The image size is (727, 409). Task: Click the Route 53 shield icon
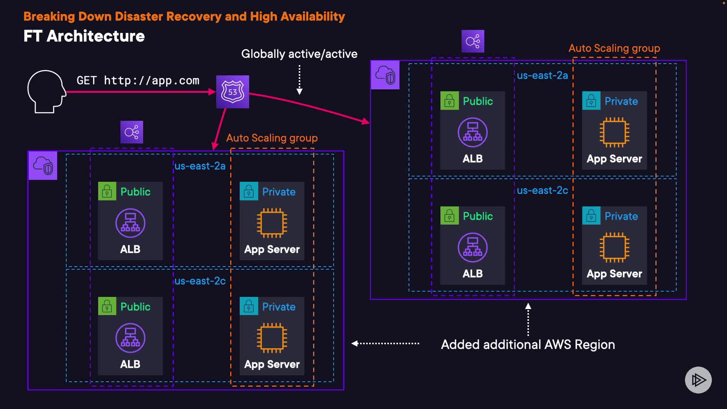pos(232,92)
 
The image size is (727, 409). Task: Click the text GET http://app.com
pos(138,80)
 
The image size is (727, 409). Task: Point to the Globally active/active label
pos(299,54)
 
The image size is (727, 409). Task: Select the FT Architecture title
pos(84,36)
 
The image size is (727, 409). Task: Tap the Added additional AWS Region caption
pos(528,345)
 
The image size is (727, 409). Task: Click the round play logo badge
pos(698,380)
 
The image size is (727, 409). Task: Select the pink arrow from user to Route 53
pos(140,92)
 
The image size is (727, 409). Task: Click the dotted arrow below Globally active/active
pos(300,80)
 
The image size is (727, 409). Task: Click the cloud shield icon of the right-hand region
pos(385,75)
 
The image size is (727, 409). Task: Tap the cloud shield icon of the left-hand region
pos(43,165)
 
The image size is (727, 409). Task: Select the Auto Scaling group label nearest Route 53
pos(272,138)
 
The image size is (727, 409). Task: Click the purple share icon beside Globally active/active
pos(473,41)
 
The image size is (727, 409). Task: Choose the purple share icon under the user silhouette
pos(131,132)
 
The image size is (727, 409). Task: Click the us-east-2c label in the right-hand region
pos(542,190)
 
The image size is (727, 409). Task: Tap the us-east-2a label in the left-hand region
pos(200,166)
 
